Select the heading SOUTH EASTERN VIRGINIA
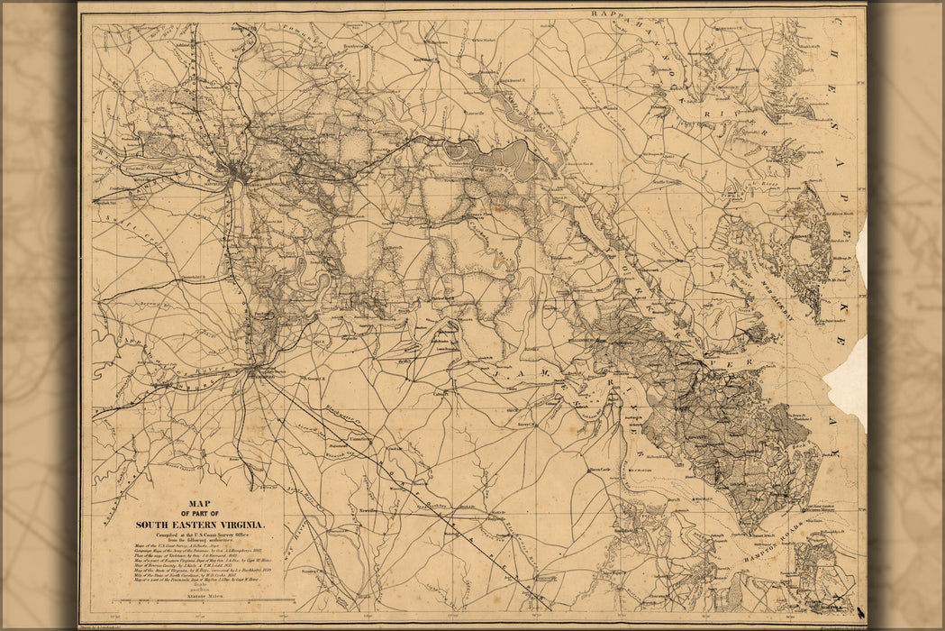coord(199,524)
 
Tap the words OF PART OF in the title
coord(199,515)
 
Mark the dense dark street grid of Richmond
coord(237,170)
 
